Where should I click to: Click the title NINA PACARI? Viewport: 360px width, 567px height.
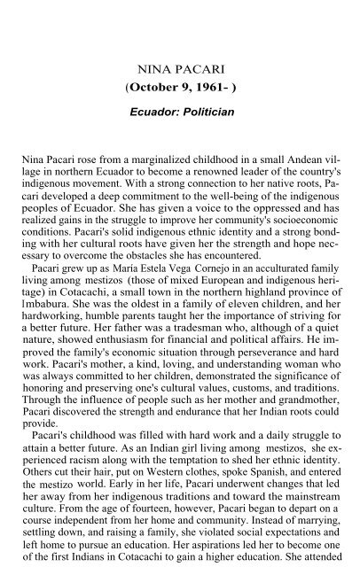[179, 66]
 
